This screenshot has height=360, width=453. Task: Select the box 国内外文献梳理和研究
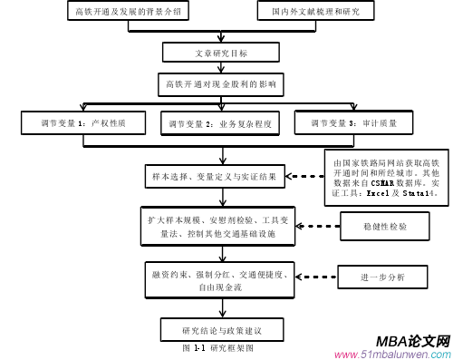tap(303, 13)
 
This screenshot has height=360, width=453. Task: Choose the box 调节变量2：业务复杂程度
tap(220, 122)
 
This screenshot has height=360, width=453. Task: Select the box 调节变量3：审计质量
tap(352, 122)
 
